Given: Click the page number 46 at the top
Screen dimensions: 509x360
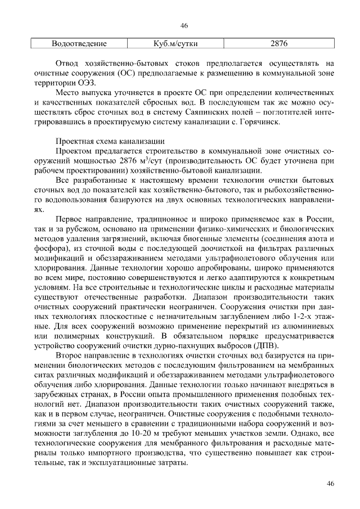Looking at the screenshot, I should [x=183, y=26].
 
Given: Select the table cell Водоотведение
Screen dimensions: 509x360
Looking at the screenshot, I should [x=79, y=43].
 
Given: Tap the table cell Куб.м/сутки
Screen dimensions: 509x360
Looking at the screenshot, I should [x=175, y=43].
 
